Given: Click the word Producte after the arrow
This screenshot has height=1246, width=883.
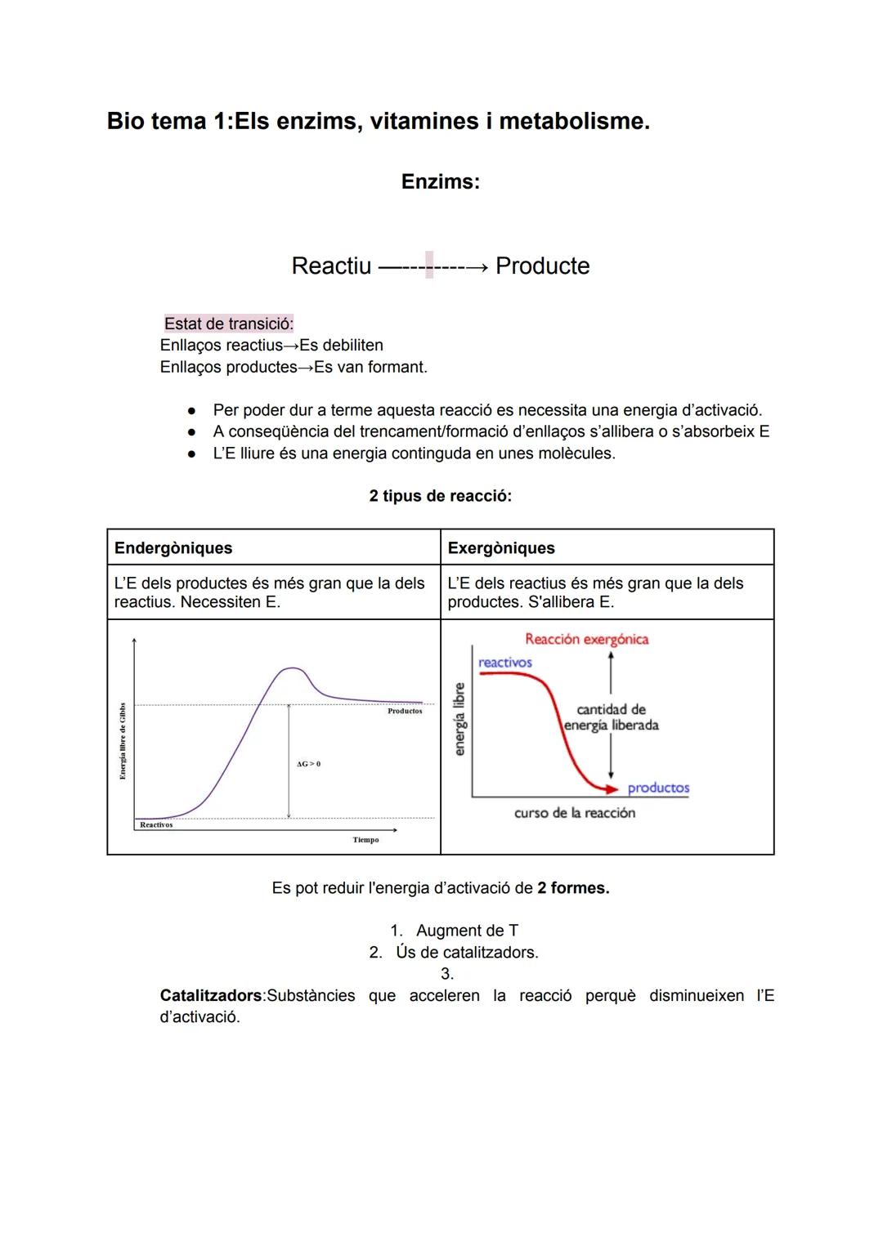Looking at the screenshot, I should (542, 266).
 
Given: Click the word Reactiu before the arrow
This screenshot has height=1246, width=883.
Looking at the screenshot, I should (331, 266).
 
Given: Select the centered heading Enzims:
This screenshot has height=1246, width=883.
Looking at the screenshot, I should (440, 181).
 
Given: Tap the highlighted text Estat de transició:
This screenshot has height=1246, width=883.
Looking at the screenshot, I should (229, 324).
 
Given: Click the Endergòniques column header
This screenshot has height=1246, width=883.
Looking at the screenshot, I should (173, 548).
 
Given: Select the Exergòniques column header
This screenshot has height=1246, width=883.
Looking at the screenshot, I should (501, 548).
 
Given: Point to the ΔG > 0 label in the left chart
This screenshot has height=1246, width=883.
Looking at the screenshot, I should (308, 764).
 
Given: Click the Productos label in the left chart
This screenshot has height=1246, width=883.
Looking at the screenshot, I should (405, 712).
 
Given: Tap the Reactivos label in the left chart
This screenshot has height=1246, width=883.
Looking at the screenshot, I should (156, 825).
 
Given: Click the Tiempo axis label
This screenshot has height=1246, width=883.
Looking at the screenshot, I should (365, 840).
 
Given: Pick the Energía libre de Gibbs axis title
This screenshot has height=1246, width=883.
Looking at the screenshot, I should (123, 741).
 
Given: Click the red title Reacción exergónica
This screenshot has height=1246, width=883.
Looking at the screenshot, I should (586, 639).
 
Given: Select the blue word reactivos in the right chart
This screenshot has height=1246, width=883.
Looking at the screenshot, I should (504, 663).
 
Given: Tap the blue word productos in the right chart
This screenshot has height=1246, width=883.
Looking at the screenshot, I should (658, 788).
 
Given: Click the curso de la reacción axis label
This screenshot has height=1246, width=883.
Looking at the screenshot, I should (574, 813).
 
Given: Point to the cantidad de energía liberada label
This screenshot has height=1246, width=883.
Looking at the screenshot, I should (612, 717).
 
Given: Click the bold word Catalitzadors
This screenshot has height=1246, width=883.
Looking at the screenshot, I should (211, 995).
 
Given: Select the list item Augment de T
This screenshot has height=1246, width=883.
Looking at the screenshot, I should (467, 931).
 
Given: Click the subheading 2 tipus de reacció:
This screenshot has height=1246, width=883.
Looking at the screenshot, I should (440, 496).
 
